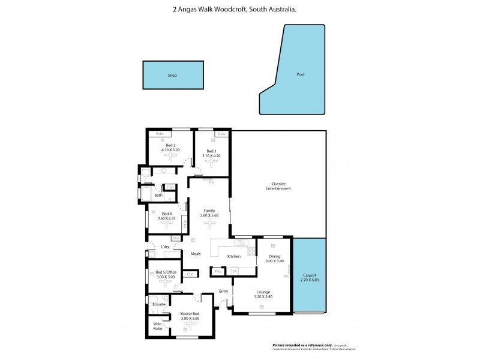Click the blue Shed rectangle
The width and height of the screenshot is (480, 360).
point(172,76)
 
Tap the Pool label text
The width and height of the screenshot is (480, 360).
point(301,75)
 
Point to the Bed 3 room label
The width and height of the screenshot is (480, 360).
point(210,151)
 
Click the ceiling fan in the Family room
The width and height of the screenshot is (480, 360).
point(209,223)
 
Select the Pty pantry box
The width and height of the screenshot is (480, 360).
point(217,272)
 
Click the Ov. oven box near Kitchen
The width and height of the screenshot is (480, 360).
point(235,272)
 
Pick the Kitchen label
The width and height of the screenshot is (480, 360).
point(233,256)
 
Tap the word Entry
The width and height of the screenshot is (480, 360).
point(223,291)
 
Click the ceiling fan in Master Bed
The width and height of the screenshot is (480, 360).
point(190,324)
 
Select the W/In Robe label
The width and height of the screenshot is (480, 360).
point(158,326)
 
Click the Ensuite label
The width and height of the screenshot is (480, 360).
point(159,304)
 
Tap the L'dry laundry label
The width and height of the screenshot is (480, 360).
point(165,247)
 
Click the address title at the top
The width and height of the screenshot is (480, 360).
point(240,10)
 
